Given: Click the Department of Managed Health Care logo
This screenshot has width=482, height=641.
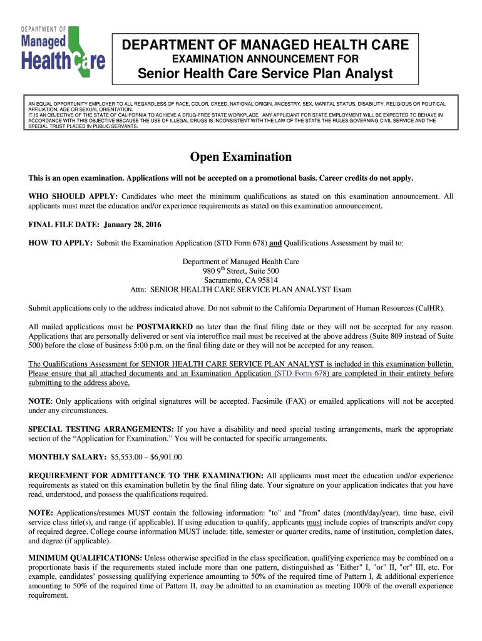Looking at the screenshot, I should (x=63, y=53).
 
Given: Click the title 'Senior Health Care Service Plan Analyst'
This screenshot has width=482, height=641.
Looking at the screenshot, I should (x=265, y=74).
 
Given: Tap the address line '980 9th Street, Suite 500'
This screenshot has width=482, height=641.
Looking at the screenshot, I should (x=240, y=271).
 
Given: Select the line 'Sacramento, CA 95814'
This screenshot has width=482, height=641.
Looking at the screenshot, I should (x=240, y=280).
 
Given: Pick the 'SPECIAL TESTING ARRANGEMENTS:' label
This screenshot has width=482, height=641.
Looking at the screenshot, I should (x=101, y=429).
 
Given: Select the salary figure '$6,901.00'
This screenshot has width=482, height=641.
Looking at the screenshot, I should (x=165, y=457).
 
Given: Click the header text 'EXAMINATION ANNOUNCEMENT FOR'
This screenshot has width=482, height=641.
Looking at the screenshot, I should (x=265, y=59).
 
